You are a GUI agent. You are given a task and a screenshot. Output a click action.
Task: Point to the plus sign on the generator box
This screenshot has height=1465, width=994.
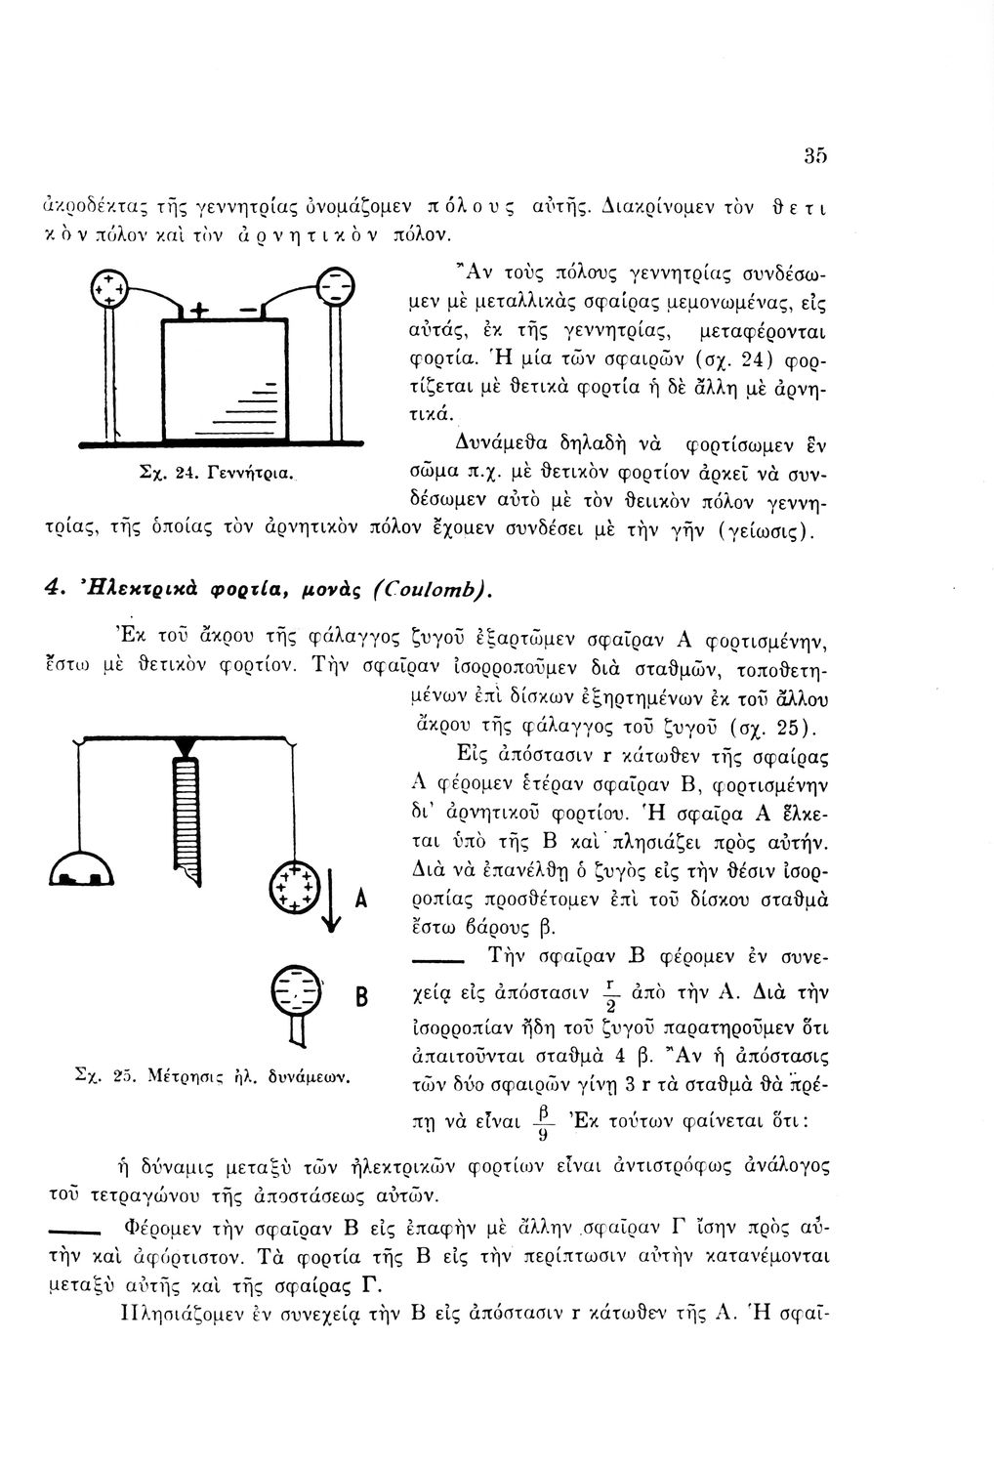pyautogui.click(x=198, y=312)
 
